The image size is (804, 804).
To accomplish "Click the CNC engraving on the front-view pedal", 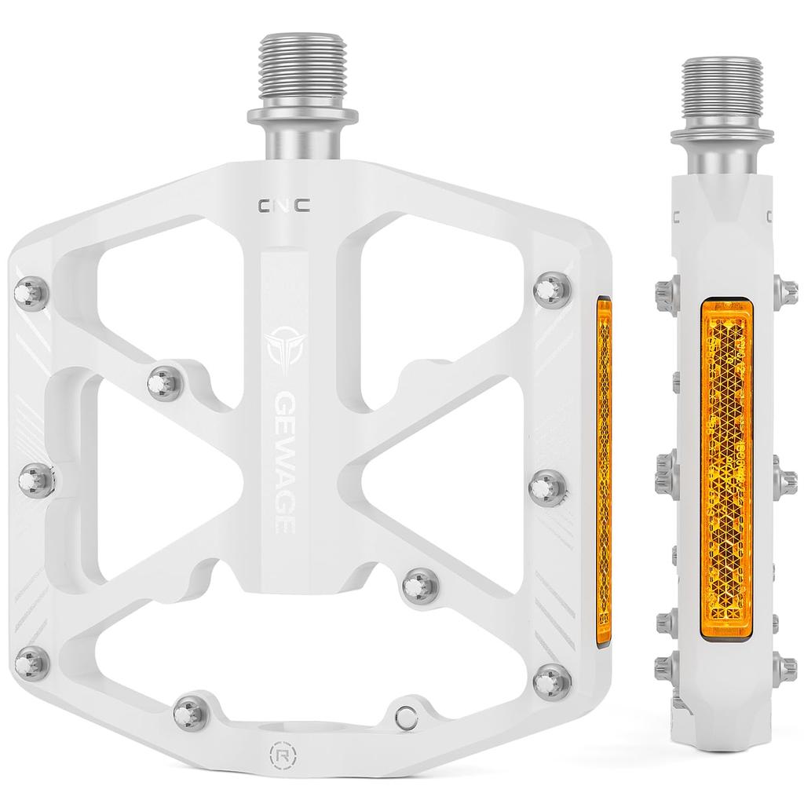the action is [x=283, y=206].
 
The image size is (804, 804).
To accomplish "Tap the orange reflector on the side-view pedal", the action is [x=726, y=468].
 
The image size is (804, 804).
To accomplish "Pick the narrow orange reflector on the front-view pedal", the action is [x=604, y=471].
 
